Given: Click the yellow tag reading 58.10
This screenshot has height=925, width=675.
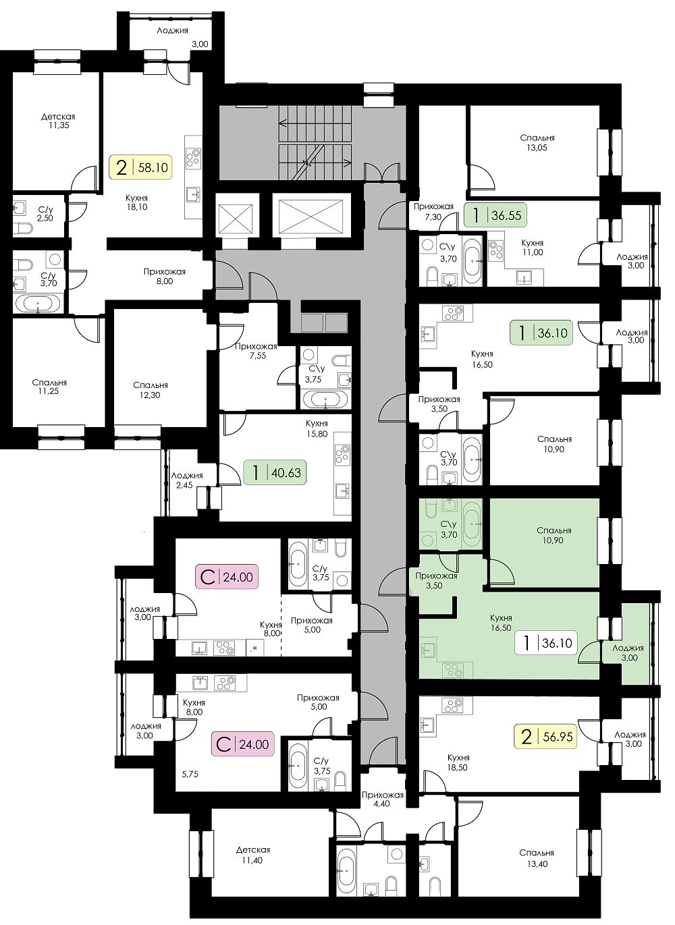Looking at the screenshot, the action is (140, 167).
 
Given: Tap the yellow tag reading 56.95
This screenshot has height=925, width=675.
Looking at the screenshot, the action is (545, 737).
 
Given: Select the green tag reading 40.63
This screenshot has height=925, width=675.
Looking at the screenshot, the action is (275, 472).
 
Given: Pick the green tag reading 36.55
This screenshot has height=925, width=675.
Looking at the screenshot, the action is (495, 215).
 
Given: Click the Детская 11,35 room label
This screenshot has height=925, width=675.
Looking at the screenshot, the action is (58, 121).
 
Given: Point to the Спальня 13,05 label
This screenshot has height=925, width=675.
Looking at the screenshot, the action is (537, 143).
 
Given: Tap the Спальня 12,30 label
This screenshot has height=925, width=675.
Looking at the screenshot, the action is (151, 390).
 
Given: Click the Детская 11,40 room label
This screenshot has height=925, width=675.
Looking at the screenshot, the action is (253, 855).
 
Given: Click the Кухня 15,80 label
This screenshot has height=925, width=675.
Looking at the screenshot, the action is (317, 428).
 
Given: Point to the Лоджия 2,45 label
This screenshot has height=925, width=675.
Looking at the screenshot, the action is (187, 480).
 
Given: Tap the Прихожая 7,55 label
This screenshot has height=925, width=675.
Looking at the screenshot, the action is (256, 351).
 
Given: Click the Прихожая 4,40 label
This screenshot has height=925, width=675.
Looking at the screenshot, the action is (383, 799).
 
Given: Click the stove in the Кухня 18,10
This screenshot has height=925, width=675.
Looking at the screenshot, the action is (193, 159).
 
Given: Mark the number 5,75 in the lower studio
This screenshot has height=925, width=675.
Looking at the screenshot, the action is (190, 775).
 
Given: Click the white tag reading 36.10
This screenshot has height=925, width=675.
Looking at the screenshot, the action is (545, 642).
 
